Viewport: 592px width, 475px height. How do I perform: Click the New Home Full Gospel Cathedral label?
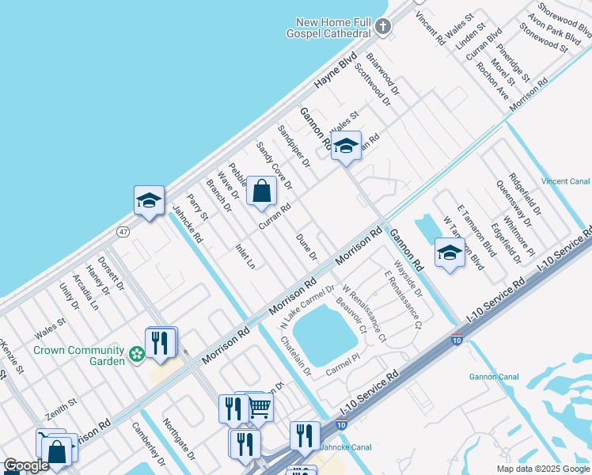(332, 28)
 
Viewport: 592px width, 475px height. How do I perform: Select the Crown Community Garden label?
(79, 355)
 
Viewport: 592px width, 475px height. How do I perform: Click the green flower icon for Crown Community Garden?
(138, 355)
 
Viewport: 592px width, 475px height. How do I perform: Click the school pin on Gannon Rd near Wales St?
(345, 146)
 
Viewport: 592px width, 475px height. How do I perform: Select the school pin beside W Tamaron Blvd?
(450, 253)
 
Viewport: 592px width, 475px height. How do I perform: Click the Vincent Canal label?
(565, 181)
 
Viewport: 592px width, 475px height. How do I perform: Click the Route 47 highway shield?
(123, 231)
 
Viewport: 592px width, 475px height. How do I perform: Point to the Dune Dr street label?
(306, 247)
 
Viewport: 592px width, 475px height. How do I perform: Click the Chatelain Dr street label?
(296, 355)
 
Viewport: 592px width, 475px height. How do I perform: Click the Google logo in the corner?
(26, 465)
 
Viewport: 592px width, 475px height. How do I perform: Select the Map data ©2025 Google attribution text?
(543, 469)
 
